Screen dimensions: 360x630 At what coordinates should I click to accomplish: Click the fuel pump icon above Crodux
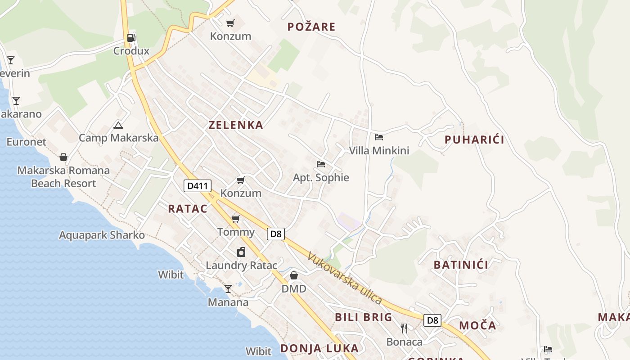(x=131, y=38)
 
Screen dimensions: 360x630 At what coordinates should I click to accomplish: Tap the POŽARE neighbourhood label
(x=311, y=27)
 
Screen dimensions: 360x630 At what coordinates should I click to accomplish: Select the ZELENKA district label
(x=235, y=125)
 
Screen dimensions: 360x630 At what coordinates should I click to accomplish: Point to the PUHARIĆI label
(x=474, y=140)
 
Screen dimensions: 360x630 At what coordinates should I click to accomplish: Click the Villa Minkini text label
(x=379, y=150)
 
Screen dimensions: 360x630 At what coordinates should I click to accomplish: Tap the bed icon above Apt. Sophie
(x=320, y=164)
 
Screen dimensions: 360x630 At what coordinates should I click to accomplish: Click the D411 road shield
(x=197, y=185)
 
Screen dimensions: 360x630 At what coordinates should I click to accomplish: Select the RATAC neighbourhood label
(x=188, y=209)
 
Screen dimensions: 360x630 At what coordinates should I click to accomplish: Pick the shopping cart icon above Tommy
(x=235, y=219)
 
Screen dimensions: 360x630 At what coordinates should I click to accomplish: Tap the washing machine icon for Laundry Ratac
(x=241, y=252)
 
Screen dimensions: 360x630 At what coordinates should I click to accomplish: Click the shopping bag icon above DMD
(x=293, y=275)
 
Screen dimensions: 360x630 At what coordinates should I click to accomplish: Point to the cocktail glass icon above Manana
(x=228, y=289)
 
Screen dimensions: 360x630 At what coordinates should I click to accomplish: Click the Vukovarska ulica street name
(x=345, y=278)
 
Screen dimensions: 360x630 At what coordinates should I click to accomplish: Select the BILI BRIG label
(x=363, y=317)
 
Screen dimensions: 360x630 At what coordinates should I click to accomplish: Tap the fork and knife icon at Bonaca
(x=404, y=328)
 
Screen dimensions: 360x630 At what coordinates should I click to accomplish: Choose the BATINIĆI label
(x=461, y=265)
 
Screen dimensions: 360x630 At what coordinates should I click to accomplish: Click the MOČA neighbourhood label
(x=477, y=325)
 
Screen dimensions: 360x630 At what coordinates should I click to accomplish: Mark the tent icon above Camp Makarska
(x=118, y=125)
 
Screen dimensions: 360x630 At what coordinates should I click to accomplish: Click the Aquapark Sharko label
(x=102, y=235)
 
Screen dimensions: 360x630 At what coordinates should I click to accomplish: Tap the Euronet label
(x=26, y=142)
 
